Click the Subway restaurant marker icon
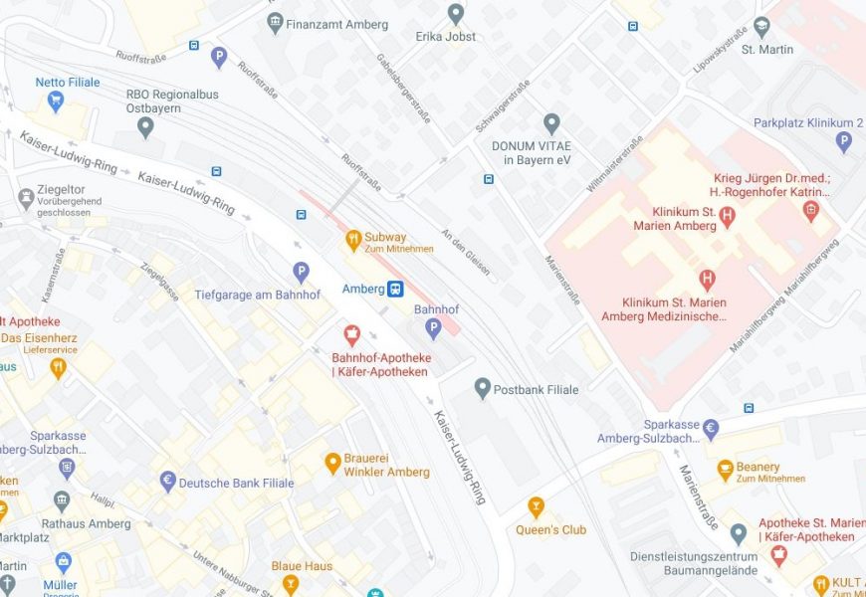tap(352, 239)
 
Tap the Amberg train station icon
tap(395, 289)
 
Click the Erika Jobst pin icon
tap(456, 14)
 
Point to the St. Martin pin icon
tap(762, 27)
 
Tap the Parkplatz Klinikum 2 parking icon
tap(844, 142)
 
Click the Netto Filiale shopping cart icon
tap(56, 100)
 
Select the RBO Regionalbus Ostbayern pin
tap(146, 126)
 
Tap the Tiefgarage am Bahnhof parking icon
tap(301, 272)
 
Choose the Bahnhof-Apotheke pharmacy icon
tap(351, 335)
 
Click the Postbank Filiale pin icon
tap(483, 389)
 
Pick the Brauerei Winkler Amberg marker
tap(333, 463)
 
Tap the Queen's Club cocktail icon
tap(537, 507)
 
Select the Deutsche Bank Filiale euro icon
tap(168, 483)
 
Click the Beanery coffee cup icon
tap(726, 469)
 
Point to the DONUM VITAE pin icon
tap(551, 124)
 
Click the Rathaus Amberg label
tap(86, 523)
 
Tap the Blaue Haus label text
tap(302, 566)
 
